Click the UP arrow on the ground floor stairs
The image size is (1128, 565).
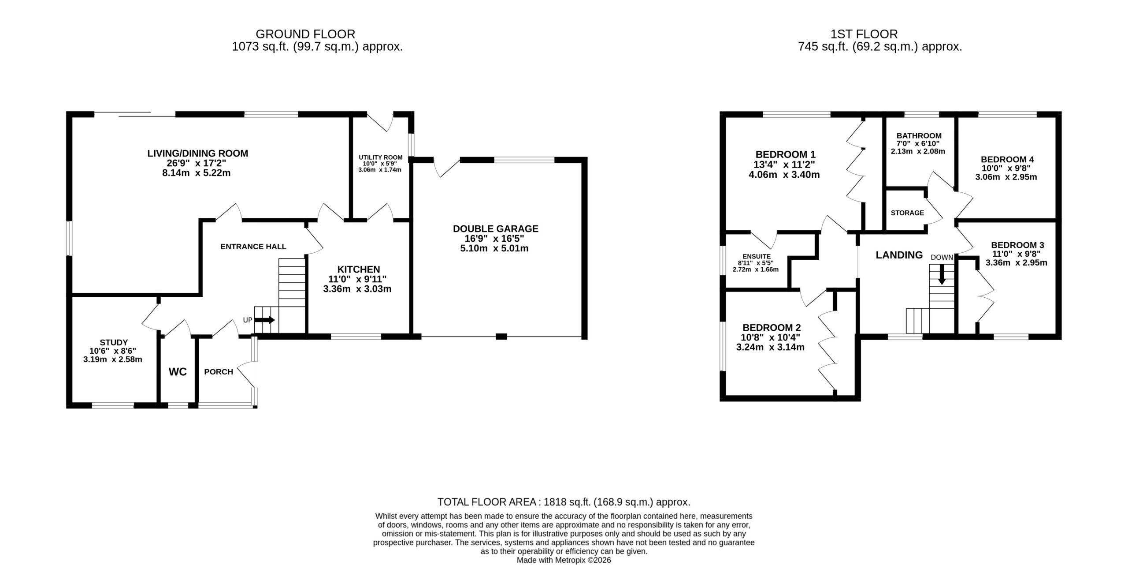[x=265, y=320]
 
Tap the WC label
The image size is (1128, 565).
[x=178, y=372]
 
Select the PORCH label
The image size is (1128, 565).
[x=219, y=372]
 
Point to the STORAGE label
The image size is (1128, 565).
[x=907, y=213]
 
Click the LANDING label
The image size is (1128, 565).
[x=899, y=255]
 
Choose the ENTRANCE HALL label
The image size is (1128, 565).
[x=253, y=247]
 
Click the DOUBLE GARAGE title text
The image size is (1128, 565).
[x=496, y=228]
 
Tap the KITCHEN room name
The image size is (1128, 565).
[x=359, y=269]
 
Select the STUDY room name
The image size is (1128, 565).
[x=114, y=342]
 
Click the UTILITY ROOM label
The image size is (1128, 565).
[x=381, y=157]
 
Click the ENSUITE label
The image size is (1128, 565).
[x=757, y=256]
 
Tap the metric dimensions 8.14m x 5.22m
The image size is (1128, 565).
[x=197, y=173]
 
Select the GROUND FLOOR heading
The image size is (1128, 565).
[x=305, y=34]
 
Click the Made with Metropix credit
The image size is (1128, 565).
[x=564, y=560]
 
